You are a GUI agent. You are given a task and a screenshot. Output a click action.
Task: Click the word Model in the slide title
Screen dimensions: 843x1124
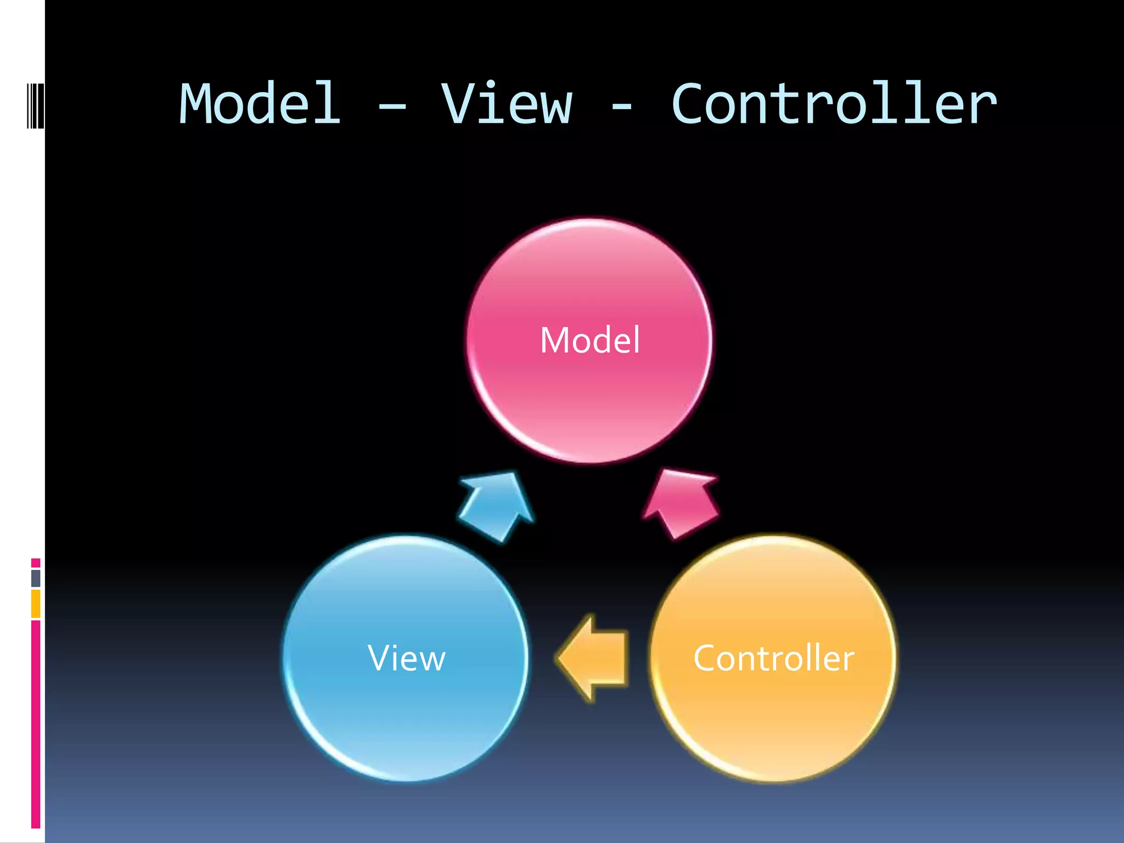(x=260, y=104)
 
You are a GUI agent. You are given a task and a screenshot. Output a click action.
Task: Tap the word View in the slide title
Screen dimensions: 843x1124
(x=507, y=104)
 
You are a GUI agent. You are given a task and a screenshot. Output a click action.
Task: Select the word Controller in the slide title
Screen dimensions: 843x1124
(x=834, y=104)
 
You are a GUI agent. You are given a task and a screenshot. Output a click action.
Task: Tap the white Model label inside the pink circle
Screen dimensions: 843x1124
(x=590, y=340)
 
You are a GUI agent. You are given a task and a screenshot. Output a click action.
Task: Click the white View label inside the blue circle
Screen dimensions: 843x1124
(x=407, y=658)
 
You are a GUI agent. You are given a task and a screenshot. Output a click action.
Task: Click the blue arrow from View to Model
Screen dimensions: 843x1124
(x=497, y=505)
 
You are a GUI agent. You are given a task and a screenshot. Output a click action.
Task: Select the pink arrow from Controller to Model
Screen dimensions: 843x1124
(x=681, y=502)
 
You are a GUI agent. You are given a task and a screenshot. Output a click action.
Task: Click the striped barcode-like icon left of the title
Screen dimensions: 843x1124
(x=35, y=105)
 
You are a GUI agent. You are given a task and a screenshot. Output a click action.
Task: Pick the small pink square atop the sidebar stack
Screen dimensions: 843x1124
(x=36, y=563)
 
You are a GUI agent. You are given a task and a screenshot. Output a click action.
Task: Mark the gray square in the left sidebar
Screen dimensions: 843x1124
(x=36, y=578)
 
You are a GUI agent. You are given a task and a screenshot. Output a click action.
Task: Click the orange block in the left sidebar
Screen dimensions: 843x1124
(x=36, y=604)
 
